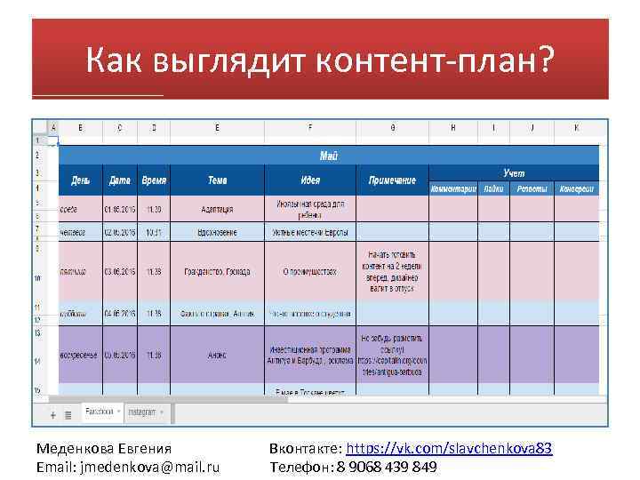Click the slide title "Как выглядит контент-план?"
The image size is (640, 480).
(x=320, y=60)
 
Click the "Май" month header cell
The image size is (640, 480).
(x=328, y=156)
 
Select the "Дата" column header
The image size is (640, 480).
(x=119, y=180)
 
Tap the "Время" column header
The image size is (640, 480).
(x=153, y=180)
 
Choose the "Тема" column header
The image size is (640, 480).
(x=217, y=180)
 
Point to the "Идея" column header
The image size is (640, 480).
(x=309, y=180)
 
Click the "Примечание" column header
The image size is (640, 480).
(x=392, y=180)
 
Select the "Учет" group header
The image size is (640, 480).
(x=514, y=172)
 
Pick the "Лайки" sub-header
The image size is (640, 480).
(x=494, y=188)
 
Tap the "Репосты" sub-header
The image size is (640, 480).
(x=532, y=188)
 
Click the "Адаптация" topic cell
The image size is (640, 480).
(x=217, y=209)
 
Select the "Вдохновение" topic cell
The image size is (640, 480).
(x=217, y=232)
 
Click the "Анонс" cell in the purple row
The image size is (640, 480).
(x=217, y=356)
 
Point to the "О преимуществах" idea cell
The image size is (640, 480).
(x=309, y=271)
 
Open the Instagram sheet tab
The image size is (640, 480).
(x=142, y=412)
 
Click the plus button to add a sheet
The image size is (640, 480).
(x=53, y=414)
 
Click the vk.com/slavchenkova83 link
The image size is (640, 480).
(x=449, y=449)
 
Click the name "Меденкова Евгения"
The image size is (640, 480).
(x=104, y=449)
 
